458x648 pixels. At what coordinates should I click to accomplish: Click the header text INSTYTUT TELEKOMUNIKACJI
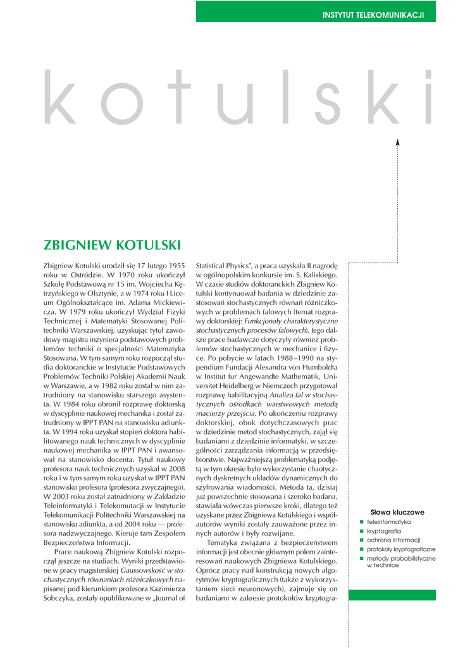point(373,15)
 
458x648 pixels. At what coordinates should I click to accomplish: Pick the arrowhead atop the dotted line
point(397,142)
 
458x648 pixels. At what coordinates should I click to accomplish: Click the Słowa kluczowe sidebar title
point(397,512)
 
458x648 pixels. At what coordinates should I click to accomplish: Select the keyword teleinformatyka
point(389,522)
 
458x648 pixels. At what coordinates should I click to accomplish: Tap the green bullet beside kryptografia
point(362,532)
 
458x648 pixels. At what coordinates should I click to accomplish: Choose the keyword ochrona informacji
point(393,540)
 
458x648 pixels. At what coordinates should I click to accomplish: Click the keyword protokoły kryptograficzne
point(401,549)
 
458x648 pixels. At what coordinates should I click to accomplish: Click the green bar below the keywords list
point(392,595)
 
